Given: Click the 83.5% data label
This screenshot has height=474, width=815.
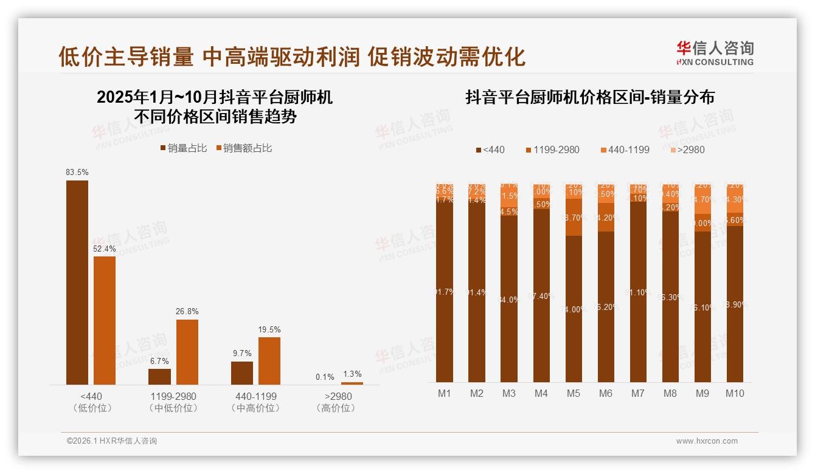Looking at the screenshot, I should [77, 173].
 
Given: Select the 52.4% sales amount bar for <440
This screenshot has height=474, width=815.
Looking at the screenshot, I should [105, 320].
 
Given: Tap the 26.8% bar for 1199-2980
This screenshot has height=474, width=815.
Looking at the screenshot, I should [187, 352].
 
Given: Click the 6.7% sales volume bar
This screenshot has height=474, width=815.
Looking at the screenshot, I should [159, 377].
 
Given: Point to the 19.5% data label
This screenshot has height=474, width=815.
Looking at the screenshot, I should [269, 329].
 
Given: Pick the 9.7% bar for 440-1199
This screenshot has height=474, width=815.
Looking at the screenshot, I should [242, 373].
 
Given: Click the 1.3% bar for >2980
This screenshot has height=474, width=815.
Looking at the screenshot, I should [352, 383].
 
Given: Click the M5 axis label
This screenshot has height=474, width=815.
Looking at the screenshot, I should [573, 393].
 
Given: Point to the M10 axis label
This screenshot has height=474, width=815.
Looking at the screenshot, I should [735, 393].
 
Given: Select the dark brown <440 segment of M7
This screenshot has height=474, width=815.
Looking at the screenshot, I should [638, 292].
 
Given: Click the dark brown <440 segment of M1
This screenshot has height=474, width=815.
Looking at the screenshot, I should [445, 292].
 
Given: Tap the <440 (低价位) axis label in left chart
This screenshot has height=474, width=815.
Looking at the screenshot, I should [92, 402].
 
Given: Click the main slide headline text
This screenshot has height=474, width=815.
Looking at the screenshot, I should [291, 57].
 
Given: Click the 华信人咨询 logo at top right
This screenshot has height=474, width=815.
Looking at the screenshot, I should [715, 53].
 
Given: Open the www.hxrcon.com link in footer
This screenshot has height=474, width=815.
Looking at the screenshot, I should [707, 441].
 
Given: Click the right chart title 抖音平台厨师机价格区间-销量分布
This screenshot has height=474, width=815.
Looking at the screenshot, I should [589, 97].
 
